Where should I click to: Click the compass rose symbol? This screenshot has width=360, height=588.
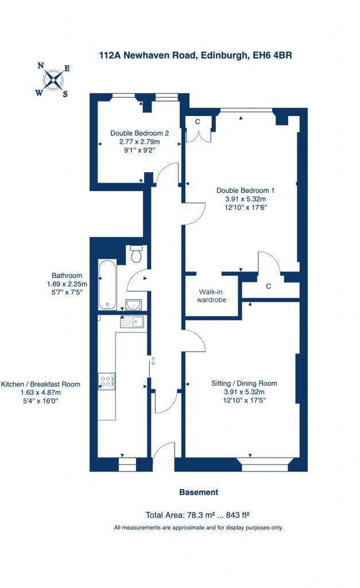point(53,80)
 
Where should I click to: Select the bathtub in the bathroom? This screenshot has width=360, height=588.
point(107,284)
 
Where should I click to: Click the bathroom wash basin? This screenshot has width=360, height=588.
point(134,304)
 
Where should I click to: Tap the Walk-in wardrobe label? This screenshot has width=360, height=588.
point(212,296)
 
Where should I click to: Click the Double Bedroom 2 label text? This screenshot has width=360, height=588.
point(135,133)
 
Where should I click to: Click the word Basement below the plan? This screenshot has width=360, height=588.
point(199,492)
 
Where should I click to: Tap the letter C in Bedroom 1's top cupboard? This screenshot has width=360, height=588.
point(197,121)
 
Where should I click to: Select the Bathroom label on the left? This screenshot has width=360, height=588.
point(67,276)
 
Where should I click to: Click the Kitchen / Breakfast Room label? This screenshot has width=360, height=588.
point(41,384)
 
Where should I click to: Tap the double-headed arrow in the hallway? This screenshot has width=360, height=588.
point(153,361)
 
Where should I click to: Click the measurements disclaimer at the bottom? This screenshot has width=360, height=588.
point(198,527)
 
